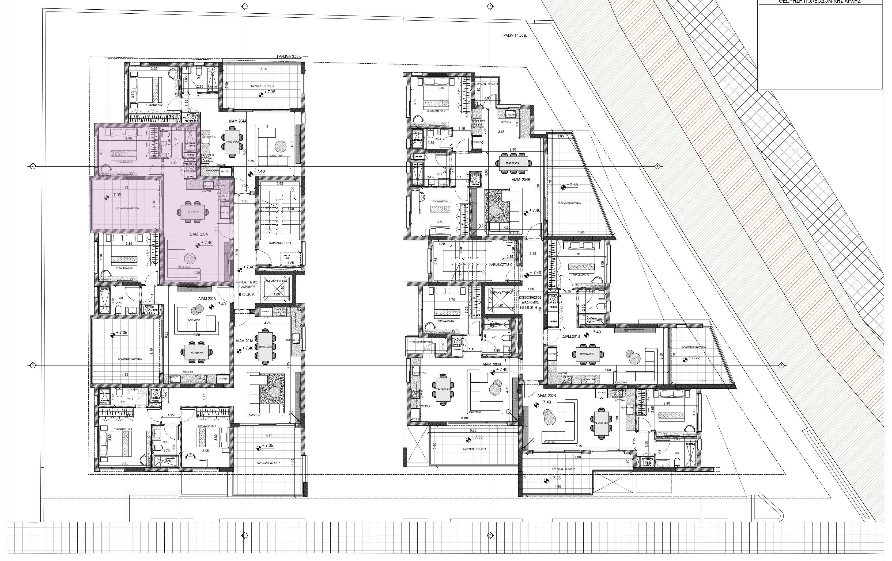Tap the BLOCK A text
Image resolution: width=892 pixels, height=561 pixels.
click(246, 295)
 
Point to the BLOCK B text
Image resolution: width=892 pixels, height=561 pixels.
click(529, 308)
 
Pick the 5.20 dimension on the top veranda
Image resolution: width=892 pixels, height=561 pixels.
click(264, 69)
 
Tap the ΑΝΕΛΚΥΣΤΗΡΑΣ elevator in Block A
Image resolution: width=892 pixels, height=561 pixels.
click(276, 288)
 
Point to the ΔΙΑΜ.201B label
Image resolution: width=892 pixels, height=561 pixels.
click(571, 336)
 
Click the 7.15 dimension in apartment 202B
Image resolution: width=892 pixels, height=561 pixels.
click(579, 446)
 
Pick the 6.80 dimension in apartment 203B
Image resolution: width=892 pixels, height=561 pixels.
click(464, 418)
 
